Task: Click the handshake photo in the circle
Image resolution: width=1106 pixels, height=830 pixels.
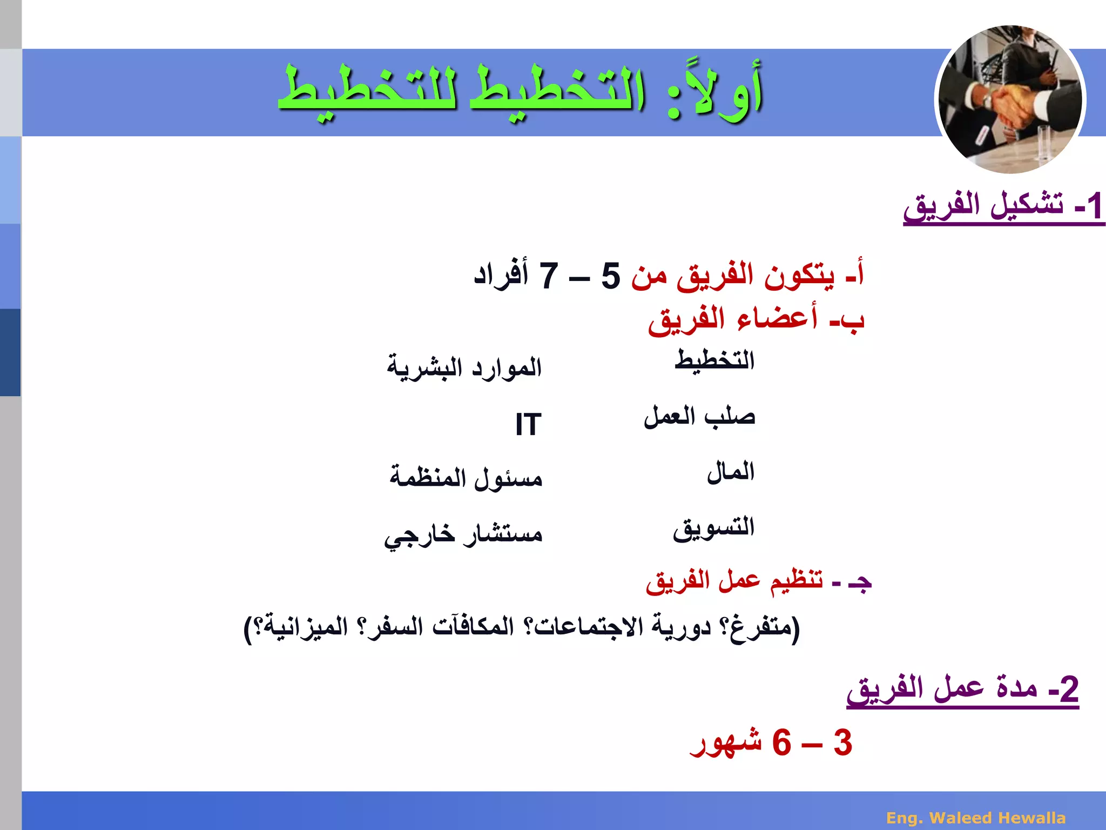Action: (x=1010, y=100)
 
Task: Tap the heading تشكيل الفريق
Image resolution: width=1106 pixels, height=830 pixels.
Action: (x=983, y=206)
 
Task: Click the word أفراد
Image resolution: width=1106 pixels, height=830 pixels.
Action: (x=501, y=275)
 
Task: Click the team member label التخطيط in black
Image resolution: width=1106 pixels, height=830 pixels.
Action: (x=714, y=360)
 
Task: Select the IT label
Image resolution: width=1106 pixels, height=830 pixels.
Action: (x=528, y=424)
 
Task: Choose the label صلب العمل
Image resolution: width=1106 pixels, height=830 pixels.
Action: (x=699, y=417)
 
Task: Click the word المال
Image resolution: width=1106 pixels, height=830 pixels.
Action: (x=730, y=472)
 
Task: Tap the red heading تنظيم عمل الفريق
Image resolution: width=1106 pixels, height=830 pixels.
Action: (x=734, y=581)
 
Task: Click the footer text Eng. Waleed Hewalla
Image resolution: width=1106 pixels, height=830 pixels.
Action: (x=976, y=818)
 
